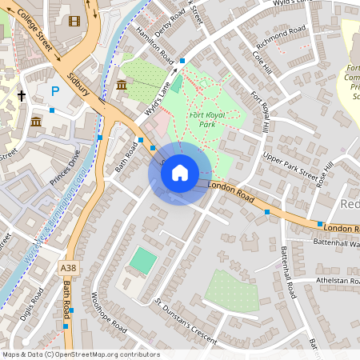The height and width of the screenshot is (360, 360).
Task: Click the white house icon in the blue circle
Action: [180, 173]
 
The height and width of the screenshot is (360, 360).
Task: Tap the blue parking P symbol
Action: [55, 91]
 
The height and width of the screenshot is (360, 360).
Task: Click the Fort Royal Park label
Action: [207, 119]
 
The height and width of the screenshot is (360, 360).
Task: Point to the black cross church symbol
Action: [22, 96]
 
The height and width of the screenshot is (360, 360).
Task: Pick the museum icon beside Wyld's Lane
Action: [122, 85]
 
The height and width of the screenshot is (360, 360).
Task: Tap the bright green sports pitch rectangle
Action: [143, 259]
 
